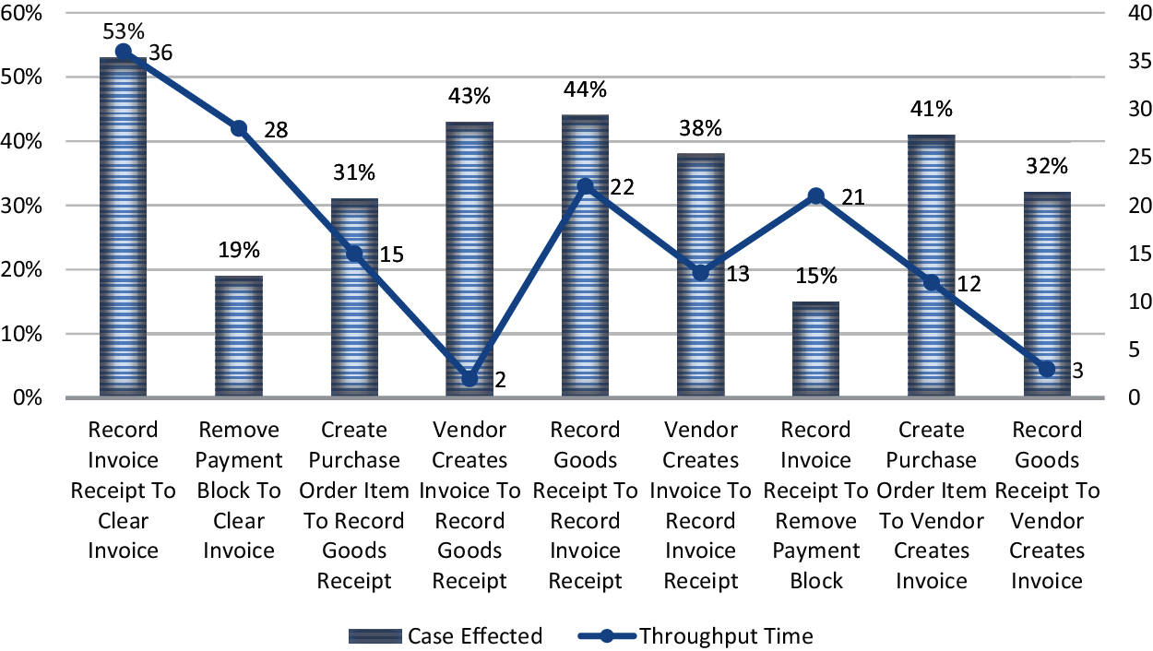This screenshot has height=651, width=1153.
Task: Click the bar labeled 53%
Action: [x=123, y=231]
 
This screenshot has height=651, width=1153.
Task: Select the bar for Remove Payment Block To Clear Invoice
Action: [x=239, y=337]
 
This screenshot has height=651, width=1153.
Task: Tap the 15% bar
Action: [x=816, y=350]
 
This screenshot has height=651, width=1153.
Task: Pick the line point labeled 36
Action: [x=124, y=52]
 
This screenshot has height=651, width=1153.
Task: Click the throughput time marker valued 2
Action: [x=470, y=378]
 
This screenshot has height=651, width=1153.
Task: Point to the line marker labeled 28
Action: [x=239, y=128]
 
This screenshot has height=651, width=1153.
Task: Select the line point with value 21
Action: [x=815, y=195]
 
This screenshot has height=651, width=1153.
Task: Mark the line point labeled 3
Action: [x=1046, y=369]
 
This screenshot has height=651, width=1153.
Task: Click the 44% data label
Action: [x=586, y=89]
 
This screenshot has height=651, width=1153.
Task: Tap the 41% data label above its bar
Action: [x=932, y=109]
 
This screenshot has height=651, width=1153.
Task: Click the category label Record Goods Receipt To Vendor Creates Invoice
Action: [x=1047, y=504]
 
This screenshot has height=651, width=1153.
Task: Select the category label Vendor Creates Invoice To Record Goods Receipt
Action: [x=470, y=504]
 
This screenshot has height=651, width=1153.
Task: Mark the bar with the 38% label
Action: [x=701, y=277]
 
